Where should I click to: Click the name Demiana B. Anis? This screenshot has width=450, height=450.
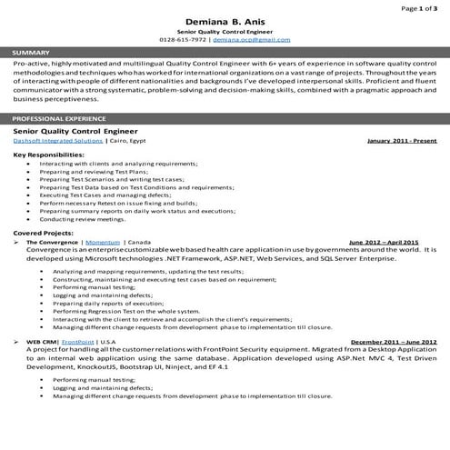tap(225, 21)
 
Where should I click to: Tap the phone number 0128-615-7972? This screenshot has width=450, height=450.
tap(184, 41)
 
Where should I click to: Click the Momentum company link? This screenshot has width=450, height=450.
tap(101, 243)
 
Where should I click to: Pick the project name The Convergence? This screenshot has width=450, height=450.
tap(53, 243)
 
